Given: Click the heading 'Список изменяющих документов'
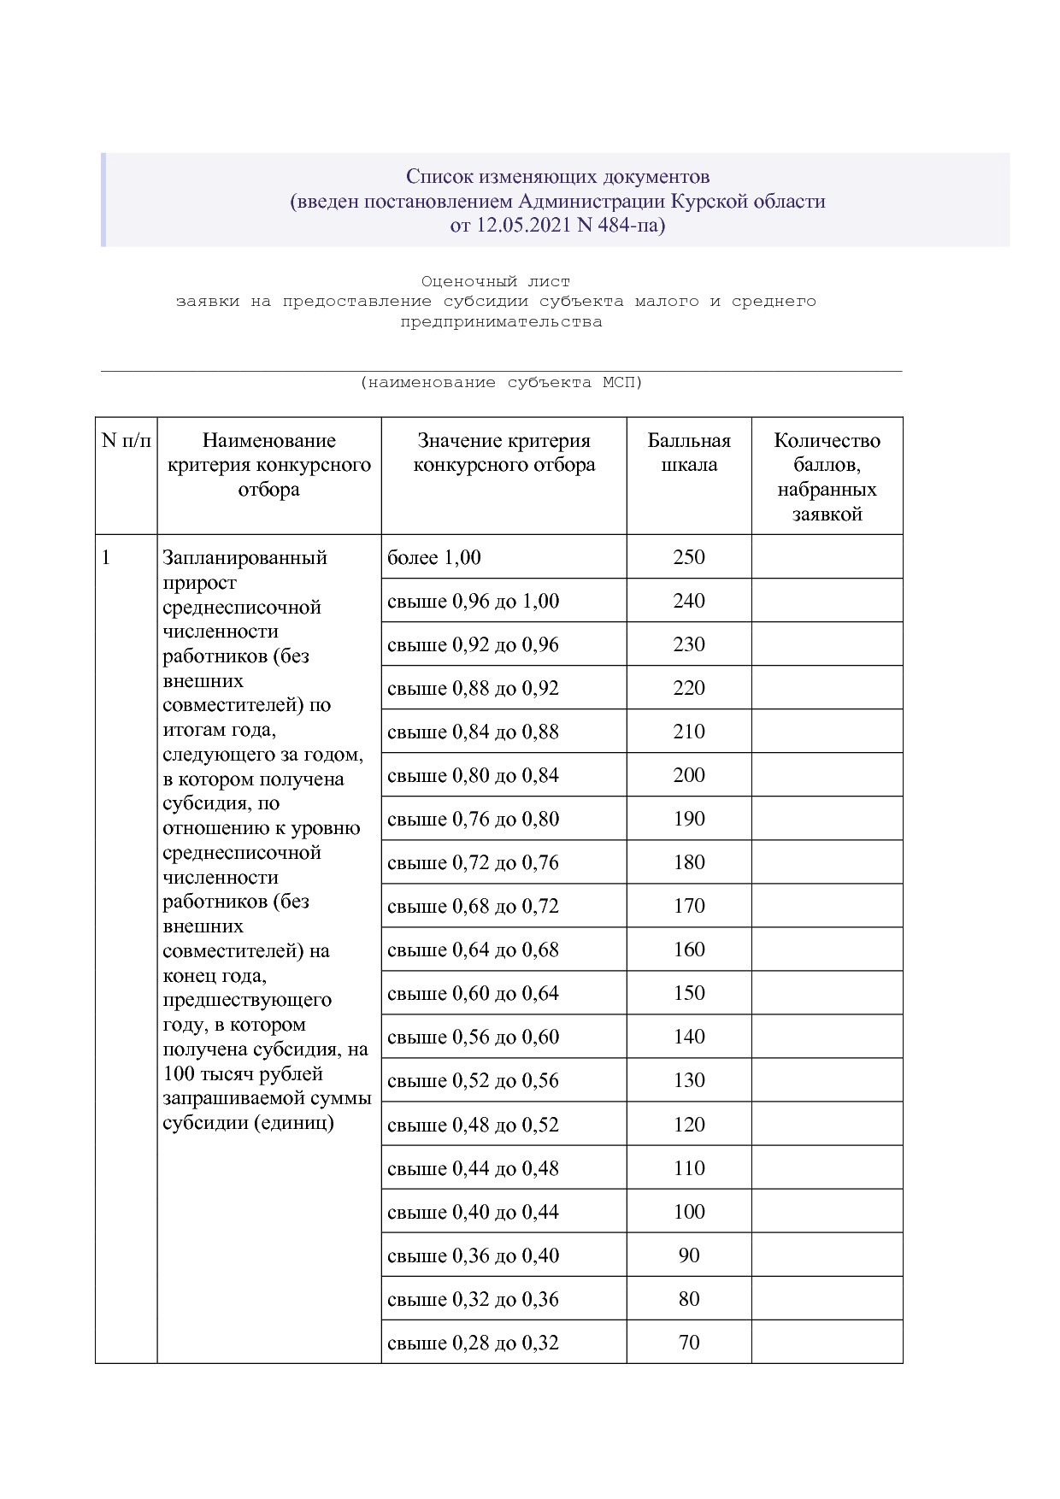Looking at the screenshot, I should coord(557,177).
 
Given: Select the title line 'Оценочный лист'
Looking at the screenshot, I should coord(495,281).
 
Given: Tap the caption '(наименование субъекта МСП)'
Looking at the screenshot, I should coord(501,383).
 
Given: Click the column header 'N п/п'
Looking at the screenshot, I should coord(126,441).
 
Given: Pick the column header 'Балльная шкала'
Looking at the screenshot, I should coord(689,453).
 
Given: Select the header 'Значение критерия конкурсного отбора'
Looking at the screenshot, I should coord(503,453).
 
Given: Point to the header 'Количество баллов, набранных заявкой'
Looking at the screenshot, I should coord(827,477).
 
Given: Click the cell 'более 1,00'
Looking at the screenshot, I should coord(434,558).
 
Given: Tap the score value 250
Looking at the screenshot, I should coord(689,558).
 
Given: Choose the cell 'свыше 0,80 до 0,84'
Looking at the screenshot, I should coord(473,776).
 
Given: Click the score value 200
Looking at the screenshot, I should coord(689,776).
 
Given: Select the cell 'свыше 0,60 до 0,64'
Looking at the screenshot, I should coord(473,994).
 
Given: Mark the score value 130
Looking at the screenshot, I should coord(689,1081).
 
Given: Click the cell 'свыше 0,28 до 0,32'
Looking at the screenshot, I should coord(473,1343).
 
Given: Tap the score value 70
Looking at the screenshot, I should coord(689,1343).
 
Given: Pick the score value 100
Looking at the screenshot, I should coord(689,1212).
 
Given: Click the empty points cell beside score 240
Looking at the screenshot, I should coord(827,601).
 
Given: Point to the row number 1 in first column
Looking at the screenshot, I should coord(106,558).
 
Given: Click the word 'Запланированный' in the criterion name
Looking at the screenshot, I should coord(245,558).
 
